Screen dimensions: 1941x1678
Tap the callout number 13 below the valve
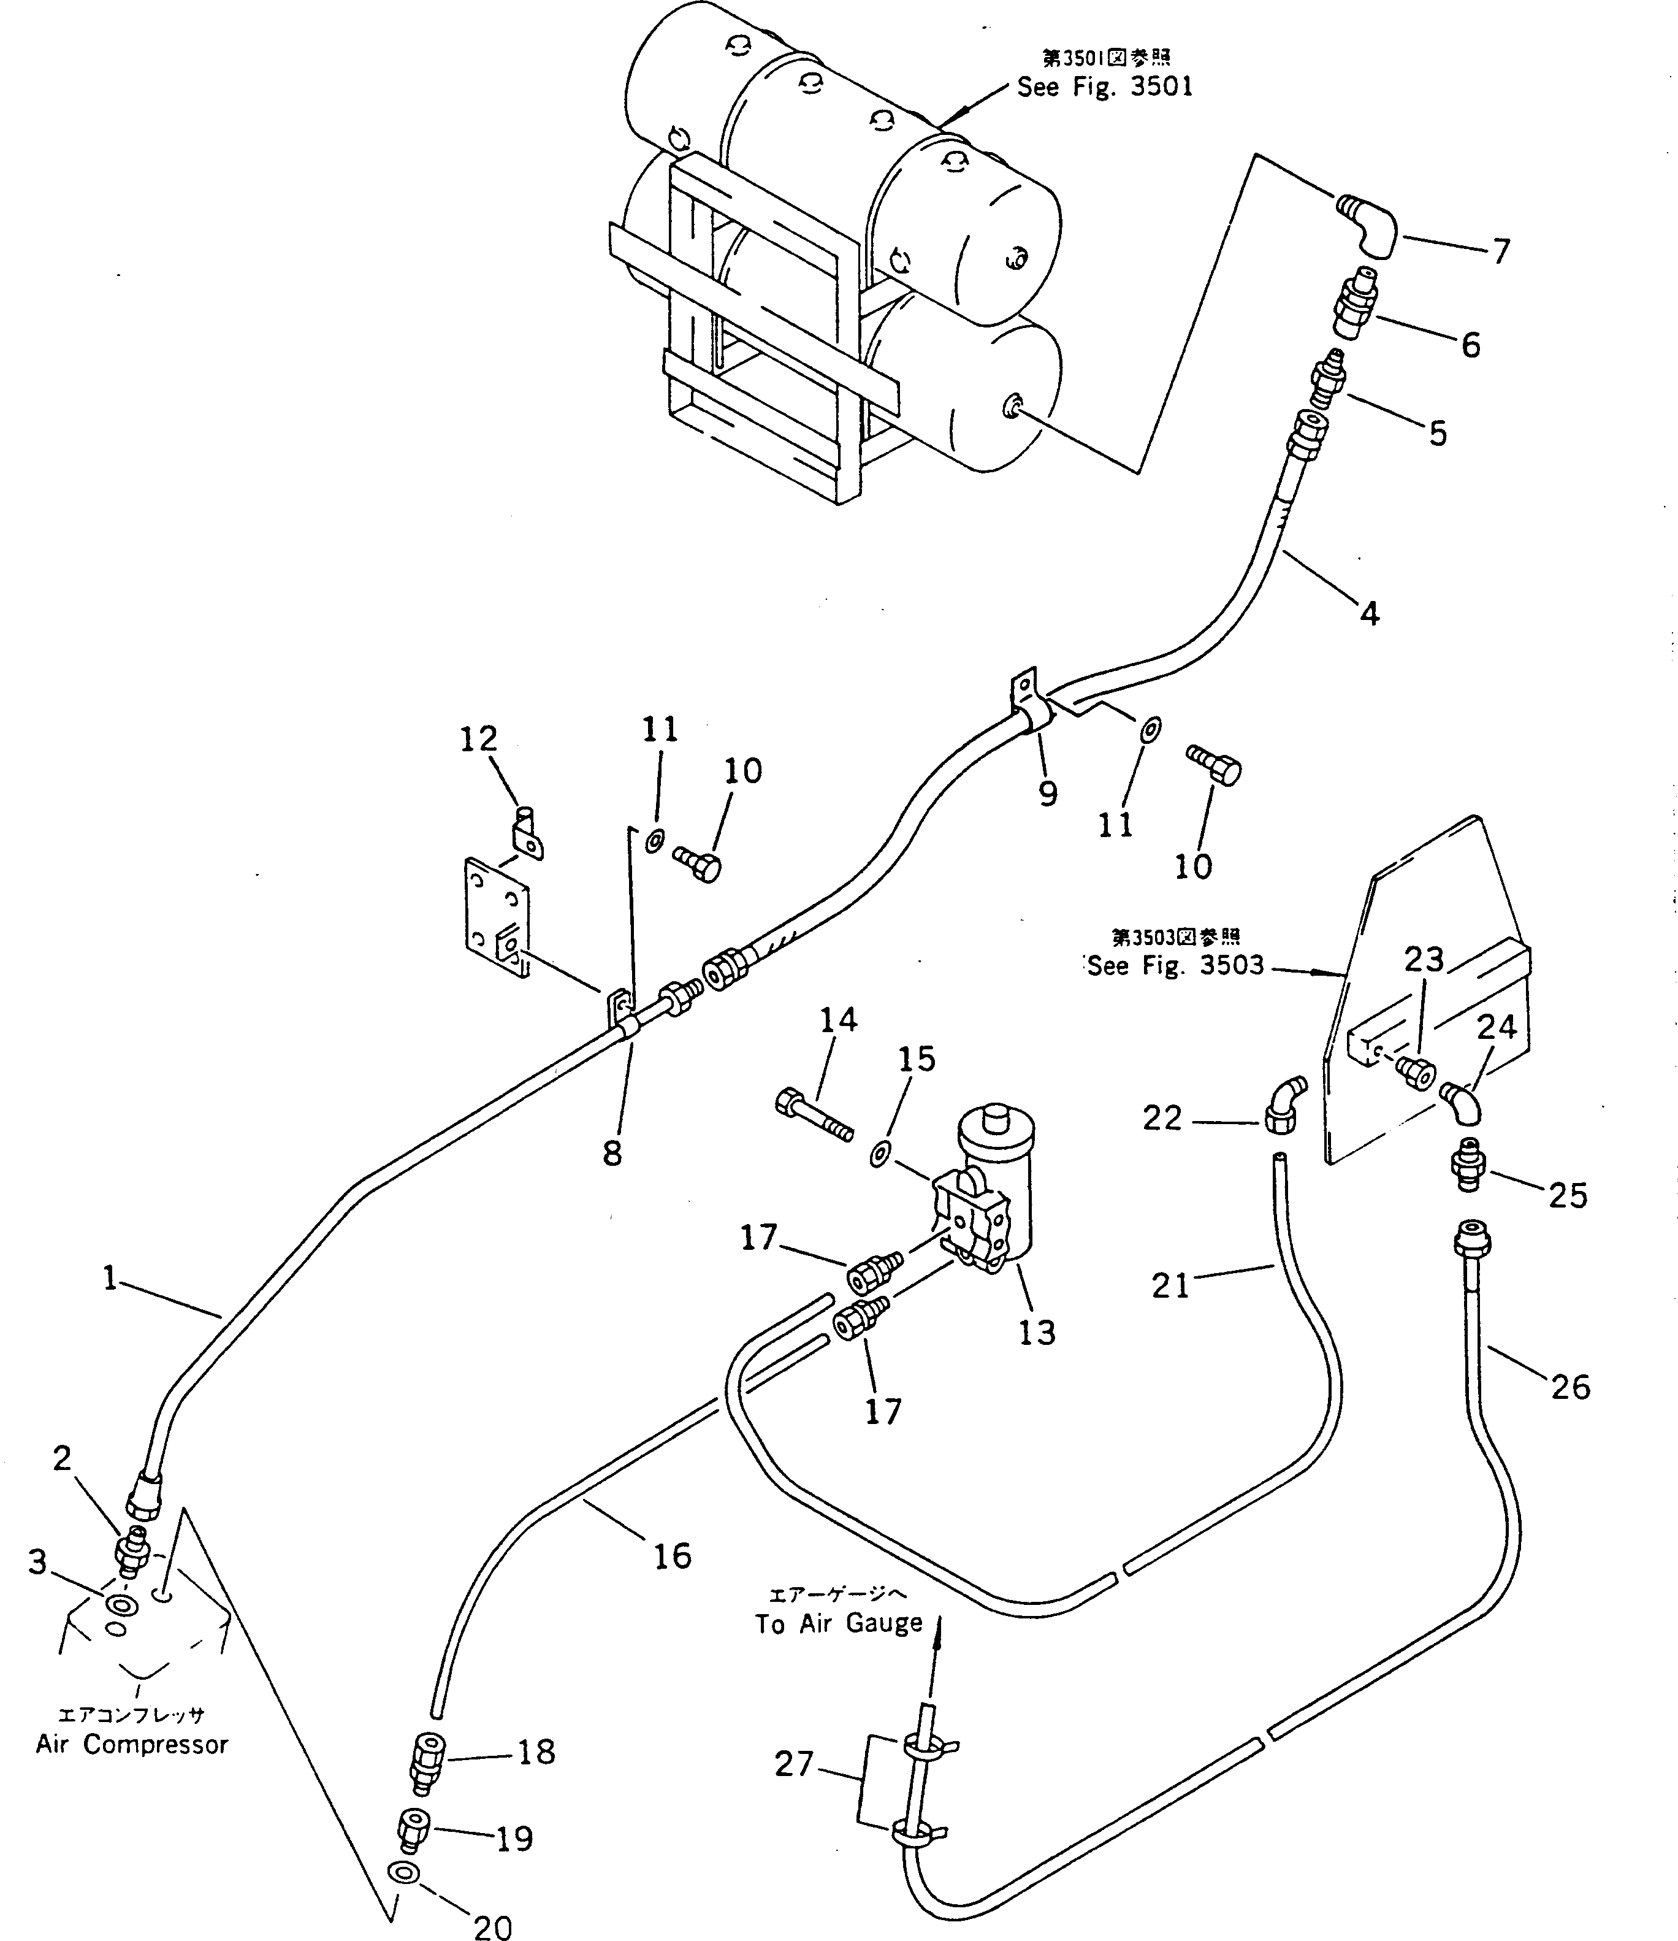point(1037,1332)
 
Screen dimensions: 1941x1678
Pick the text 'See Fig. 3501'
point(1105,87)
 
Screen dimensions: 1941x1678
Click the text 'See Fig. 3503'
point(1175,966)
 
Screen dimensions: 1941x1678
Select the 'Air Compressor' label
point(132,1744)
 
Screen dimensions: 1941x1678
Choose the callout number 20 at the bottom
point(492,1926)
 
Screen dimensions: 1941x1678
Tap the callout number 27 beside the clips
point(794,1764)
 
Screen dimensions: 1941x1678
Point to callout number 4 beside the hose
point(1369,614)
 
